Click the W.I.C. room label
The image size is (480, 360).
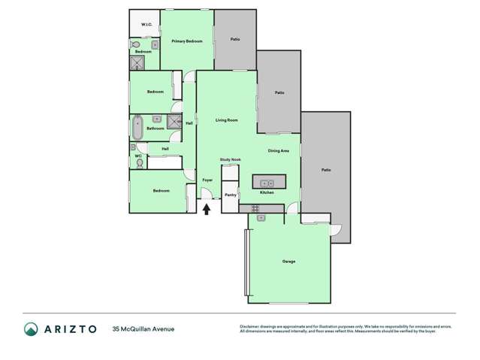[x=146, y=25]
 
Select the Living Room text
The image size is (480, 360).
[x=226, y=120]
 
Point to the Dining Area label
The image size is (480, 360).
[x=279, y=151]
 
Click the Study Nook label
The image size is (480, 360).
[x=230, y=160]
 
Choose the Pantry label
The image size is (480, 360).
[x=230, y=195]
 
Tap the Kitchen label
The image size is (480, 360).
[x=267, y=193]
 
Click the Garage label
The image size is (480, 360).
[x=288, y=262]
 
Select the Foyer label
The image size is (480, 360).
[x=207, y=180]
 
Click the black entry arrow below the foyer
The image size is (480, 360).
[x=207, y=209]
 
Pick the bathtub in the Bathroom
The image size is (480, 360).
[x=137, y=128]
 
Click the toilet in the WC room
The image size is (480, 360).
[x=140, y=162]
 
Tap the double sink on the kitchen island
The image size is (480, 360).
[x=268, y=183]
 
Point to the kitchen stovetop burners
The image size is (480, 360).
[x=244, y=208]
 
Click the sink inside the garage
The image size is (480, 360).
[x=261, y=218]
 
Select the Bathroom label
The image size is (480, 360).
[x=155, y=129]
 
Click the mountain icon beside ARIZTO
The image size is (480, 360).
[x=32, y=328]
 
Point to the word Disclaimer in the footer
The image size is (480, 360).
[x=250, y=325]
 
